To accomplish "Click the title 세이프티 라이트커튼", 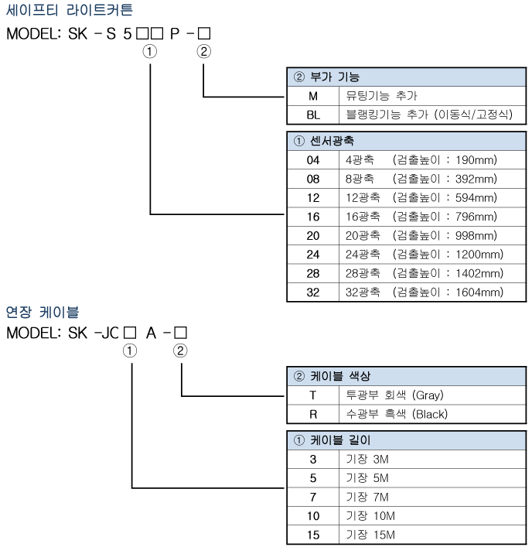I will click(70, 11).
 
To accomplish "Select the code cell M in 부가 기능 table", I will click(313, 96).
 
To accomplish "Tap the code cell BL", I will click(313, 115).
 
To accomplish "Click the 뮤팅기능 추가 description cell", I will click(381, 96).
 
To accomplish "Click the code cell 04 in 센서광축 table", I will click(313, 160).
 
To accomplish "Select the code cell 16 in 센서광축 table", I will click(313, 217).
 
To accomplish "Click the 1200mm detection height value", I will click(476, 255).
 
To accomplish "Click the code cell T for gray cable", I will click(313, 395).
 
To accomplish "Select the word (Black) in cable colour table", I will click(430, 414).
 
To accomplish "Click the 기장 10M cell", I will click(370, 516).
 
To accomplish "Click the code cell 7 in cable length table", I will click(313, 498).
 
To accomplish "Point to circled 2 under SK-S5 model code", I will click(203, 53).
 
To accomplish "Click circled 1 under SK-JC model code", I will click(131, 351).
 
